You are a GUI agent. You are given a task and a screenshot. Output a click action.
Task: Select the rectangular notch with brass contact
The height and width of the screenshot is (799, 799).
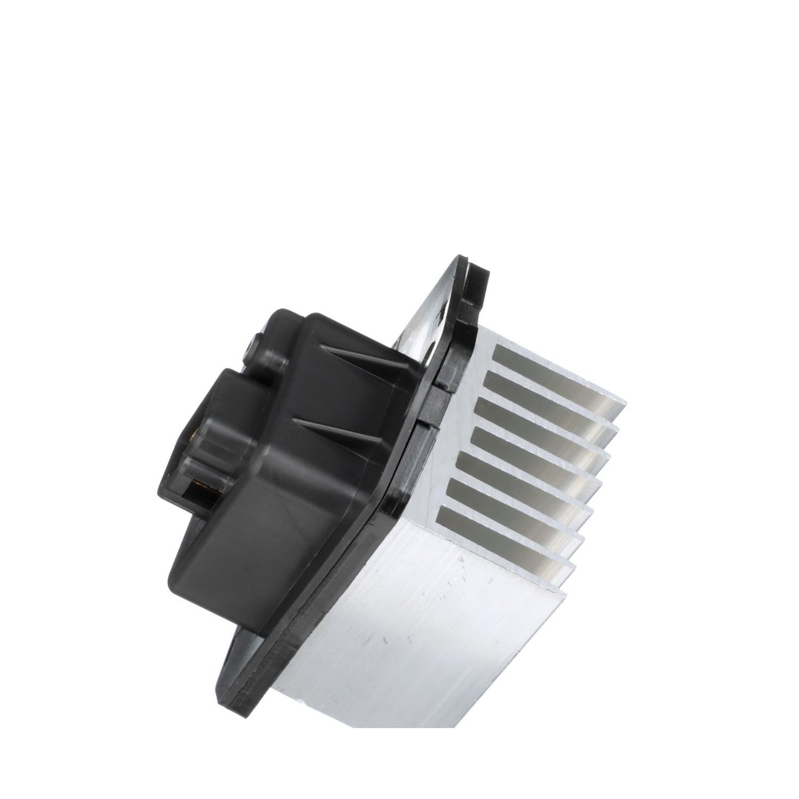[196, 487]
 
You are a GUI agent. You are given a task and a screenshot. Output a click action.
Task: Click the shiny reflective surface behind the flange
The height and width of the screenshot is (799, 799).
[426, 310]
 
